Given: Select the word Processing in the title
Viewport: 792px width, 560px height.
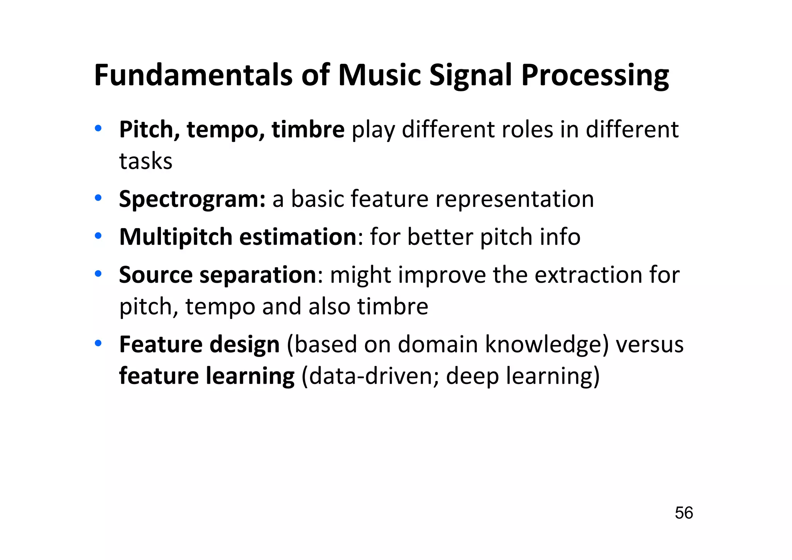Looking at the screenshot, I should pos(595,75).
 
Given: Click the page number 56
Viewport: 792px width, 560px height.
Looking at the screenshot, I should pos(684,513).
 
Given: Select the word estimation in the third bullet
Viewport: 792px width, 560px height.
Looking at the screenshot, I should pos(298,237).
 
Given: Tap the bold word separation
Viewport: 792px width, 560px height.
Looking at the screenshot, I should pos(258,275).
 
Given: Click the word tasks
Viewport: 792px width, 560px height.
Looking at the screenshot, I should pos(145,161).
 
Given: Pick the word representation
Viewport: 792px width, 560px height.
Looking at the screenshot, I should pos(515,199).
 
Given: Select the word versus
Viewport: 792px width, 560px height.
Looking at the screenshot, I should pos(650,344).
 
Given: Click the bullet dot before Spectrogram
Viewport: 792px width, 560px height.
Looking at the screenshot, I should pos(98,198).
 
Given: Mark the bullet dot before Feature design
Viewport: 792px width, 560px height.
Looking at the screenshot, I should pos(98,343).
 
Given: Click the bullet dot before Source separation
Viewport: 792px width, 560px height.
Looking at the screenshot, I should pos(98,274).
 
